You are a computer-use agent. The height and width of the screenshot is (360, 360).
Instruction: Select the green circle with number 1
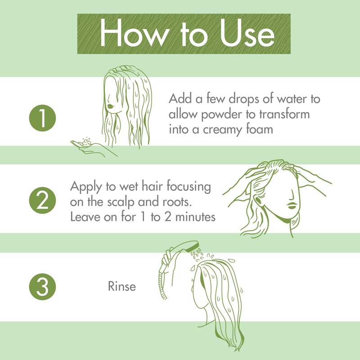coord(42,118)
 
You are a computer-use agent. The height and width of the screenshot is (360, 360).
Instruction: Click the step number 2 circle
coord(42,200)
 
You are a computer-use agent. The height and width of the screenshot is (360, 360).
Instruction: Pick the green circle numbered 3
coord(42,287)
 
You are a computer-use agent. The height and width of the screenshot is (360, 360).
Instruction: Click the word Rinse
coord(121,286)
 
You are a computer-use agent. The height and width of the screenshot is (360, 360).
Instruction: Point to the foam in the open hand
coord(86,142)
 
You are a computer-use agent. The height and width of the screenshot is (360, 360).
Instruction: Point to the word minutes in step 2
coord(195,217)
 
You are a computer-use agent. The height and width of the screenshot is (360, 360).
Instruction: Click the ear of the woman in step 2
coord(258,200)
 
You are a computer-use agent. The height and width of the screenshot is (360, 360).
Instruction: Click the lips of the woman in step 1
coord(111,106)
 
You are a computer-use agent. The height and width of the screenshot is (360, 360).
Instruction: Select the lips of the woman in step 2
coord(292,206)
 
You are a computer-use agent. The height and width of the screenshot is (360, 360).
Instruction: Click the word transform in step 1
coord(284,114)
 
